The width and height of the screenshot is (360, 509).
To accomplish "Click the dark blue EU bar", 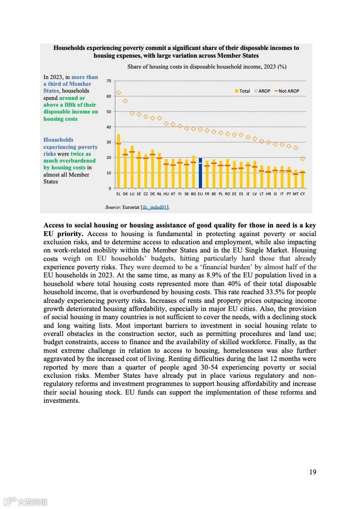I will pos(200,173).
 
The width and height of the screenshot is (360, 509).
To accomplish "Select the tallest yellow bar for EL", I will pos(118,161).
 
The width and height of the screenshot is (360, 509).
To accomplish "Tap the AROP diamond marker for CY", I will pos(302,159).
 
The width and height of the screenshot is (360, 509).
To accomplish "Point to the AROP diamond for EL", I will pos(118,93).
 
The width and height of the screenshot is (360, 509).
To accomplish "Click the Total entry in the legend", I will pos(242,91).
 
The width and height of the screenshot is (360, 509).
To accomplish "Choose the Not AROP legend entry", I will pos(286,91).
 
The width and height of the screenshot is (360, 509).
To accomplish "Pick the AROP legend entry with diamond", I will pos(262,91).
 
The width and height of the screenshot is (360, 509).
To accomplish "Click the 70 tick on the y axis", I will pos(108,81).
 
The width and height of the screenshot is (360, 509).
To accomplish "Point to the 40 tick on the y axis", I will pos(108,127).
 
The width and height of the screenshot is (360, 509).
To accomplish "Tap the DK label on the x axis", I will pos(125,193).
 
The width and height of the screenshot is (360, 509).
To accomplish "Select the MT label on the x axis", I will pos(296,193).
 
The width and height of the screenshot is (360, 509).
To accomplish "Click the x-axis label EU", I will pos(200,193).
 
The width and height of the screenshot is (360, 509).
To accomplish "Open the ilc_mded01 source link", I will pos(155,207).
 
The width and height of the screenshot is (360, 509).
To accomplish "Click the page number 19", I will pos(313,472).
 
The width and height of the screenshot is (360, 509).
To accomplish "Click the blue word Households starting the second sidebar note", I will pos(58,140).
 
